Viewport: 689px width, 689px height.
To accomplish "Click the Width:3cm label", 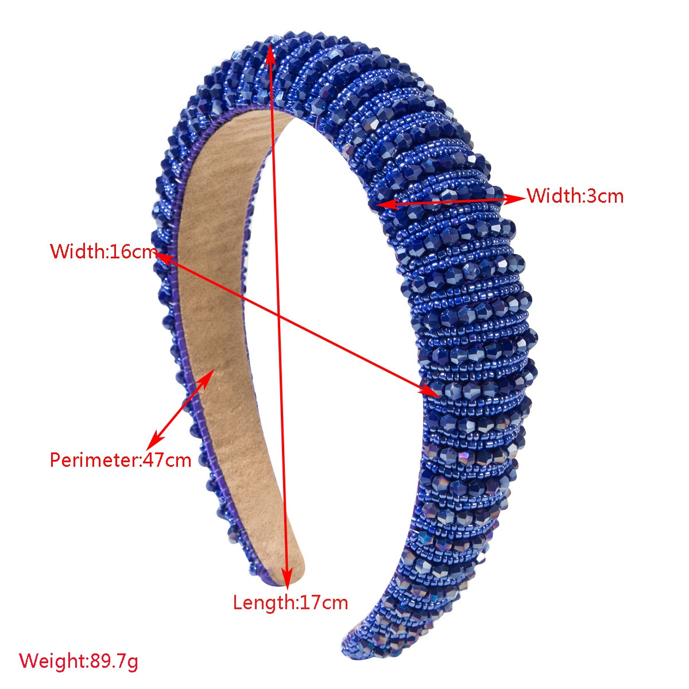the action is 575,196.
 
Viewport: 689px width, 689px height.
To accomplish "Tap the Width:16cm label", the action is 103,251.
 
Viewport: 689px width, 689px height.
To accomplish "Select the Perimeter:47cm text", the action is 121,460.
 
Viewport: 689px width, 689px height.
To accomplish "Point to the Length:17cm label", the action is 291,602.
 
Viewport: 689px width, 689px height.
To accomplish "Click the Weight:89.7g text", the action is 78,661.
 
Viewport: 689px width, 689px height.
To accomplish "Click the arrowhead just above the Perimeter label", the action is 154,440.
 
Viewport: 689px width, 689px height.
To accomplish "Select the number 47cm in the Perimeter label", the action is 167,460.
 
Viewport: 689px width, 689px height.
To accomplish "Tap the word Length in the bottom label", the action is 263,603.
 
